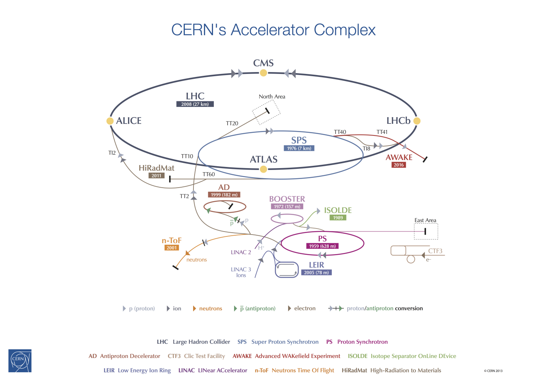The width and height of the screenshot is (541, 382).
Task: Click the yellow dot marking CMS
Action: pos(263,72)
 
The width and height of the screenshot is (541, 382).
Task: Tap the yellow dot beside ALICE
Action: pos(110,121)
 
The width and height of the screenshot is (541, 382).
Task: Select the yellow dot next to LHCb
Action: pos(417,121)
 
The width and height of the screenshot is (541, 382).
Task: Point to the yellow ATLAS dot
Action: pos(263,169)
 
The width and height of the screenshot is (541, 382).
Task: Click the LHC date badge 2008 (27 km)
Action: pos(195,104)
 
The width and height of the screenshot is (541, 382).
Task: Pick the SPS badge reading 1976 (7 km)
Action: pos(299,148)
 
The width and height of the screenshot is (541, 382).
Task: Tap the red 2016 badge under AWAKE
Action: pos(399,165)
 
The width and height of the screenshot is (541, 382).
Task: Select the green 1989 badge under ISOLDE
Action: pos(338,218)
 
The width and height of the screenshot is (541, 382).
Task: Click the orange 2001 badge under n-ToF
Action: pos(171,248)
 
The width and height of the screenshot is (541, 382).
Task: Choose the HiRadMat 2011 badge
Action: pos(156,176)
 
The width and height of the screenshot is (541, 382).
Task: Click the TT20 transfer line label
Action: pos(232,123)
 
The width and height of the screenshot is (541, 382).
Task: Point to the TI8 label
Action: pos(366,149)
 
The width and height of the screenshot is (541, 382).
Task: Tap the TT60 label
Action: pos(209,174)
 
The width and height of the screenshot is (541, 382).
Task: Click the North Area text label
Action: pos(272,96)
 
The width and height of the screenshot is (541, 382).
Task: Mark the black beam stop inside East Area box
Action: pos(425,231)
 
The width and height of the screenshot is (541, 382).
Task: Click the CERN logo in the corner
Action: pos(20,361)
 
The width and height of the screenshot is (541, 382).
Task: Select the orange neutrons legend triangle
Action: pos(195,308)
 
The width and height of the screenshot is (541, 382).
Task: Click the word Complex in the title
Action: pos(345,30)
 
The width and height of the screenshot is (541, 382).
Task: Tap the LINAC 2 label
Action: pos(241,252)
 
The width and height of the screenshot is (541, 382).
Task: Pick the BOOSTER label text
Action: pos(287,199)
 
